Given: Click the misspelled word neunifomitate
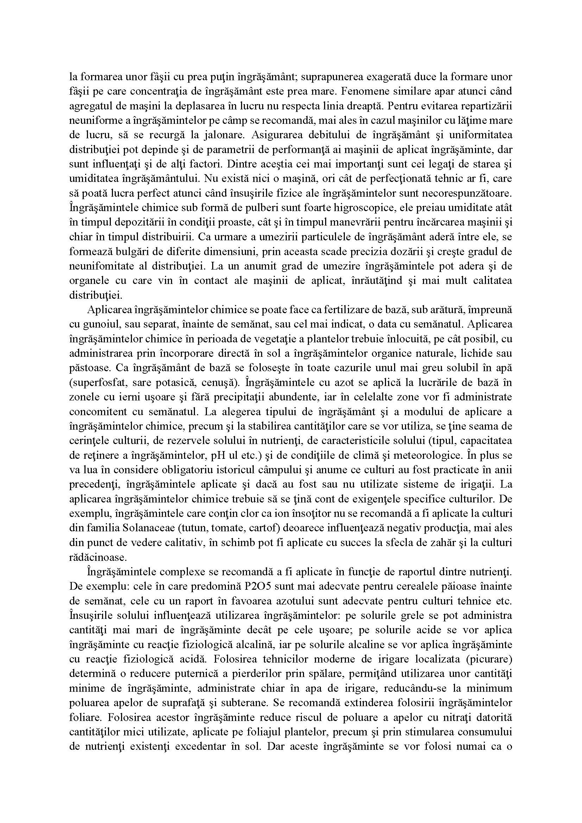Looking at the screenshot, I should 104,266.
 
